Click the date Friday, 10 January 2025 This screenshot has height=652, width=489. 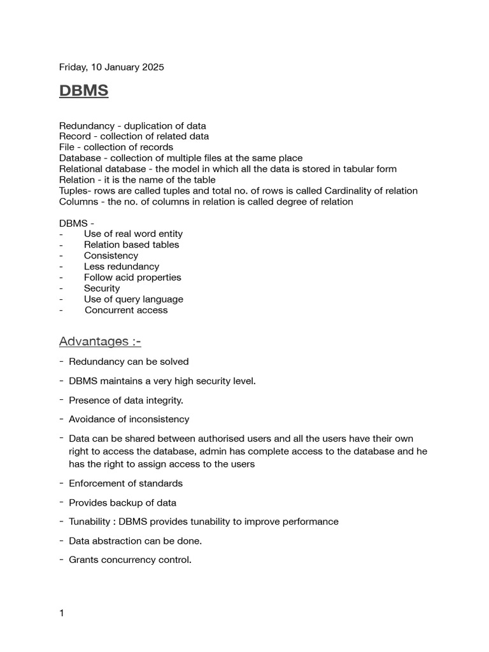pyautogui.click(x=111, y=67)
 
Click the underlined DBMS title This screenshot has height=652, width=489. pyautogui.click(x=83, y=91)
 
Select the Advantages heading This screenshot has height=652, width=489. pyautogui.click(x=100, y=342)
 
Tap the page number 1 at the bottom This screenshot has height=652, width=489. pyautogui.click(x=62, y=613)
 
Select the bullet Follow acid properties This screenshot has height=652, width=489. pyautogui.click(x=132, y=278)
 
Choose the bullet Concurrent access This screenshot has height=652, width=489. pyautogui.click(x=126, y=310)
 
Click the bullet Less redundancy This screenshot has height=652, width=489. pyautogui.click(x=122, y=267)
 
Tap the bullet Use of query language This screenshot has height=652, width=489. pyautogui.click(x=134, y=299)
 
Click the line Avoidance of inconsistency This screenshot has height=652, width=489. pyautogui.click(x=129, y=419)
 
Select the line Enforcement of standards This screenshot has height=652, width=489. pyautogui.click(x=125, y=483)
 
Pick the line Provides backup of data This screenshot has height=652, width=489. pyautogui.click(x=122, y=502)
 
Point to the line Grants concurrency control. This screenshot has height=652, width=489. pyautogui.click(x=130, y=560)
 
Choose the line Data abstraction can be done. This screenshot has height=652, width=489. pyautogui.click(x=135, y=541)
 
